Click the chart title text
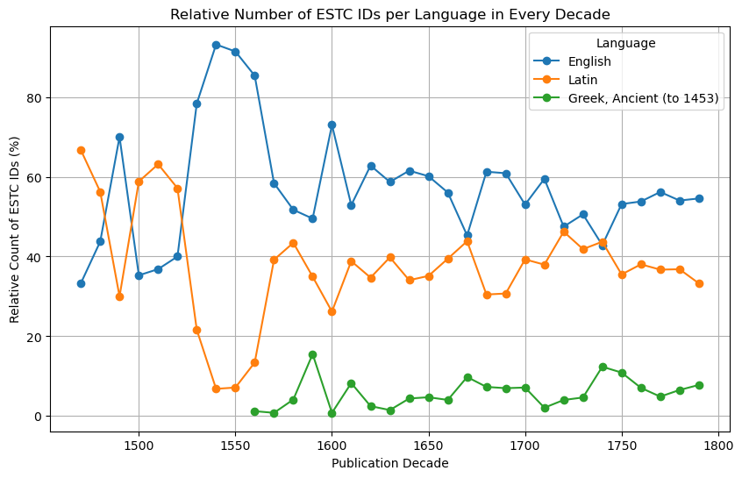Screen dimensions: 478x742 click(390, 14)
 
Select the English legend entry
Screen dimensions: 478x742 click(578, 61)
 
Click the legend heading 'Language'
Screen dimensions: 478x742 click(625, 42)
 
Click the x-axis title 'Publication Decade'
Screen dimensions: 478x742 click(389, 463)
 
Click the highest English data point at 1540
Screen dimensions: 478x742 click(216, 45)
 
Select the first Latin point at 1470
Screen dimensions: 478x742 click(81, 150)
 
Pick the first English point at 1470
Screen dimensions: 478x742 click(81, 283)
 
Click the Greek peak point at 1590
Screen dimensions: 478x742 click(312, 354)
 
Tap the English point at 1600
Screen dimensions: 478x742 click(332, 125)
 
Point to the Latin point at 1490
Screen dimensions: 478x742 click(119, 296)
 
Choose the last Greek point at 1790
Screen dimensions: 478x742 click(699, 385)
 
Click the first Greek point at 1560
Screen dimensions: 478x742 click(254, 411)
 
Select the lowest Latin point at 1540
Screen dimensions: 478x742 click(216, 389)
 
